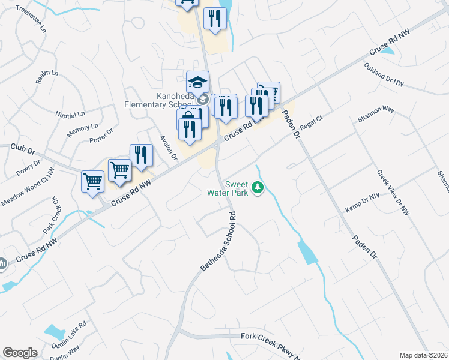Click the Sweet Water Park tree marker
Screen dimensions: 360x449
[x=258, y=188]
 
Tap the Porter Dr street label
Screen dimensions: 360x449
[x=101, y=136]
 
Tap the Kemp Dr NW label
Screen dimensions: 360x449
[x=362, y=203]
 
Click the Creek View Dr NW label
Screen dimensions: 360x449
[x=393, y=193]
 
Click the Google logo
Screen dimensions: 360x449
[x=20, y=353]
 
